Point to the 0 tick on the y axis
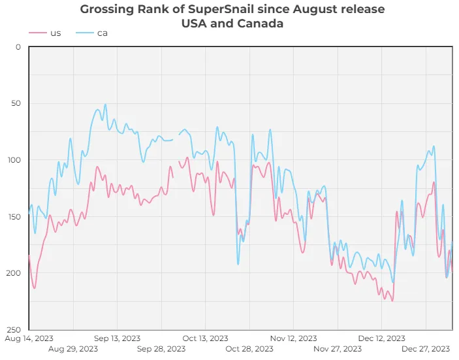tap(18, 47)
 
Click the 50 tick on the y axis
tap(16, 103)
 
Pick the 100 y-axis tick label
tap(14, 160)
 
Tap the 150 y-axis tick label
tap(14, 216)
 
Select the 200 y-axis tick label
tap(14, 273)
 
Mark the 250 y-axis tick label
tap(14, 329)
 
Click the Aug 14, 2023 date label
tap(29, 338)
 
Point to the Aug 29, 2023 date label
tap(73, 349)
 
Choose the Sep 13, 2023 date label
tap(117, 338)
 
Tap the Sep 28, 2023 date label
tap(161, 349)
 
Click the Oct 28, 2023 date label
tap(249, 349)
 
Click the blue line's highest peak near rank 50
tap(105, 105)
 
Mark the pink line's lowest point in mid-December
tap(392, 301)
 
